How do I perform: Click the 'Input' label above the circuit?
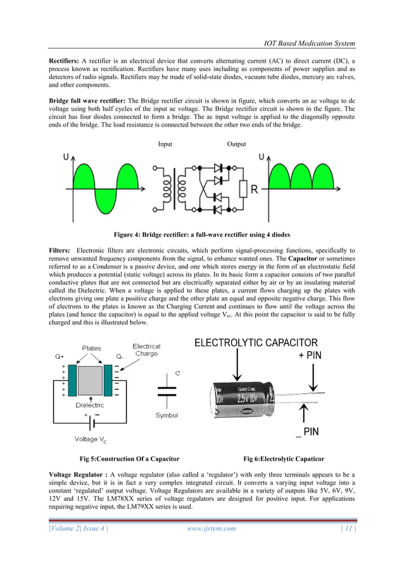tap(165, 144)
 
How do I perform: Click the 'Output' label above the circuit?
tap(237, 144)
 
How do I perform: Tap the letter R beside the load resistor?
tap(254, 189)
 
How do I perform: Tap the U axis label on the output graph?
tap(262, 156)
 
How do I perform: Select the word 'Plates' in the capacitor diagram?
tap(91, 348)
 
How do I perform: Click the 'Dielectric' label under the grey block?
tap(90, 405)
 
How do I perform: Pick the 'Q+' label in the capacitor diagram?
tap(58, 356)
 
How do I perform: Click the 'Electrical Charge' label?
tap(146, 350)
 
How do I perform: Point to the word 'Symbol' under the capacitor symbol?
tap(167, 415)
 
